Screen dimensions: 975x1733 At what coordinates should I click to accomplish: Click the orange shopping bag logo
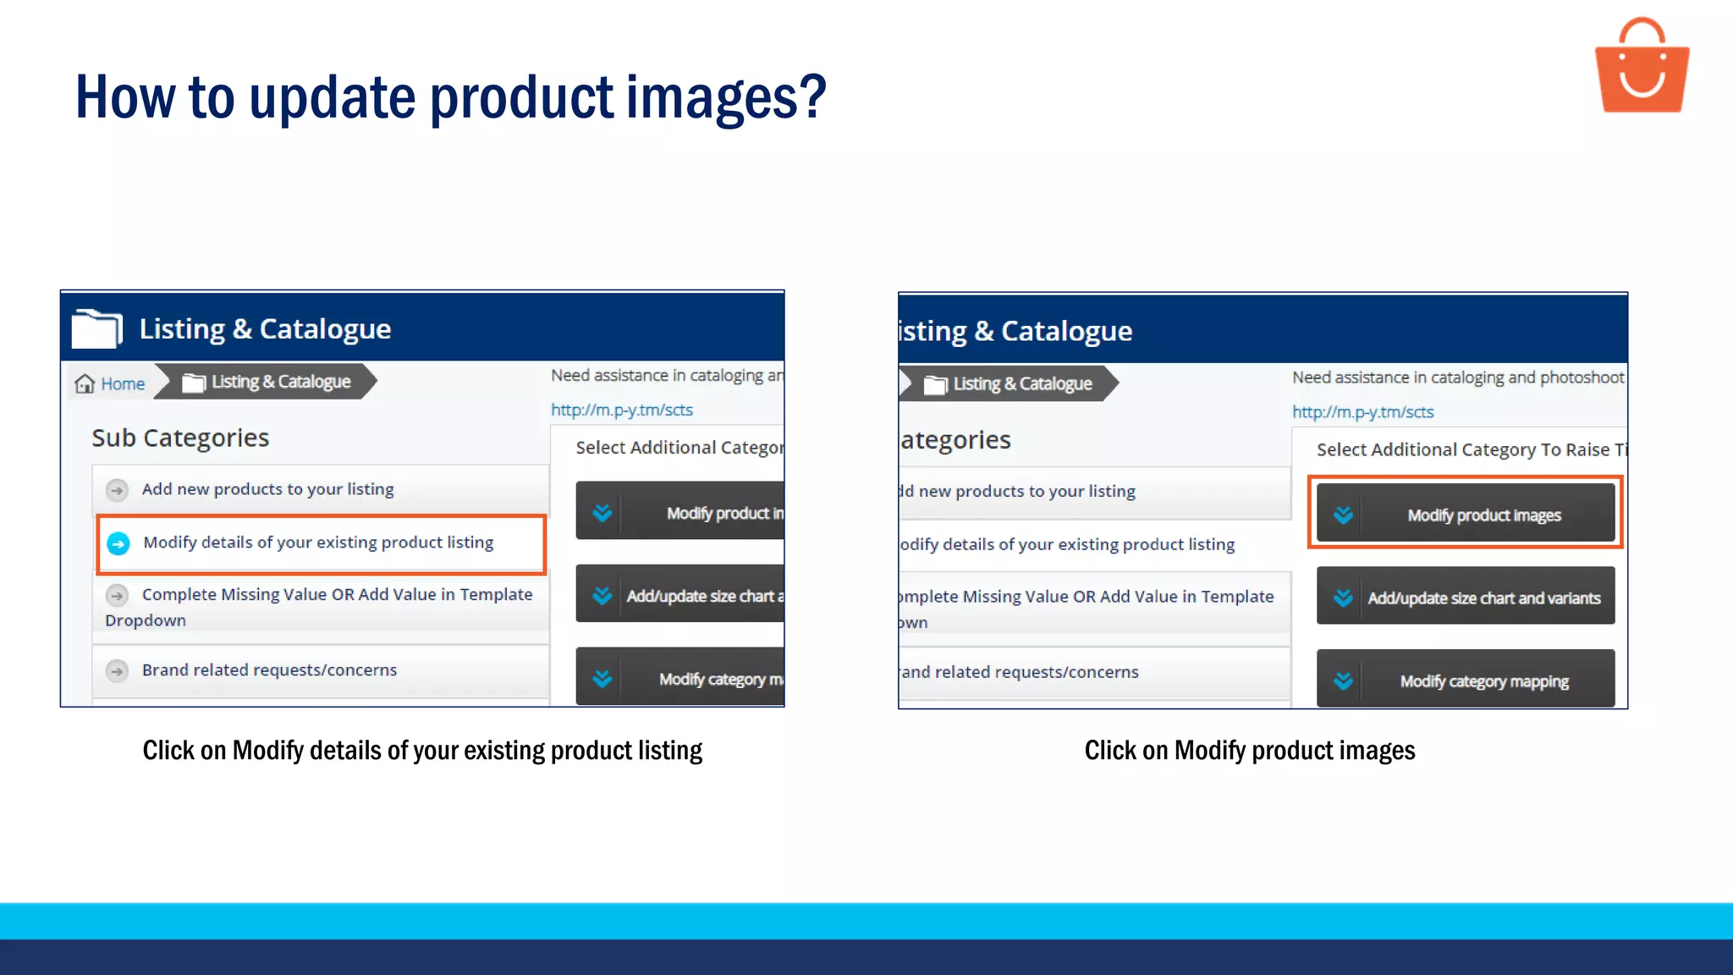pos(1642,68)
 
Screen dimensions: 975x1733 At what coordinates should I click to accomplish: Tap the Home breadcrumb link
pos(123,384)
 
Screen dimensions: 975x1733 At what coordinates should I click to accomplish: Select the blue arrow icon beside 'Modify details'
pos(118,543)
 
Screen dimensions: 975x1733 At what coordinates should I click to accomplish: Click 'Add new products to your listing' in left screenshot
pos(267,489)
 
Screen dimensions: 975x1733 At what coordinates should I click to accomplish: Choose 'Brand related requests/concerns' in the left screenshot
pos(269,670)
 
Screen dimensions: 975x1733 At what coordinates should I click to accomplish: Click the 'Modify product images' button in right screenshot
pos(1466,515)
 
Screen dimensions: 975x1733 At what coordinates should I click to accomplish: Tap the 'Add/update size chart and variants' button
pos(1466,598)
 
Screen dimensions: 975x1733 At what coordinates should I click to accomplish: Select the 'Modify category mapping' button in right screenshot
pos(1466,680)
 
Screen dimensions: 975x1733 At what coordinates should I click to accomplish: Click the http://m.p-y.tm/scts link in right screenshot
pos(1362,412)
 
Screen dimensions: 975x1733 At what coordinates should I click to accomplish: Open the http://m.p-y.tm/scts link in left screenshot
pos(622,410)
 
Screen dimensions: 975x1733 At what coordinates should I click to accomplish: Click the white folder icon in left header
pos(96,328)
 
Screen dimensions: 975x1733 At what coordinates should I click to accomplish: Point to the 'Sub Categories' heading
pos(180,438)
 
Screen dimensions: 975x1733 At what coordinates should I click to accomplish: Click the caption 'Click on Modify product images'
pos(1249,751)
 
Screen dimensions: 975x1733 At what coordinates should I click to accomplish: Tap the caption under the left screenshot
pos(422,751)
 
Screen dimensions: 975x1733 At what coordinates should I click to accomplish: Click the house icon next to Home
pos(85,384)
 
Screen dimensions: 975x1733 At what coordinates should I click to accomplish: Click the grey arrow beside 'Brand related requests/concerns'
pos(118,671)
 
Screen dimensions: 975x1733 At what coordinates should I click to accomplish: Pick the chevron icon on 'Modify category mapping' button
pos(1343,680)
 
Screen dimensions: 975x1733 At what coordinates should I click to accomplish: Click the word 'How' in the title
pos(125,97)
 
